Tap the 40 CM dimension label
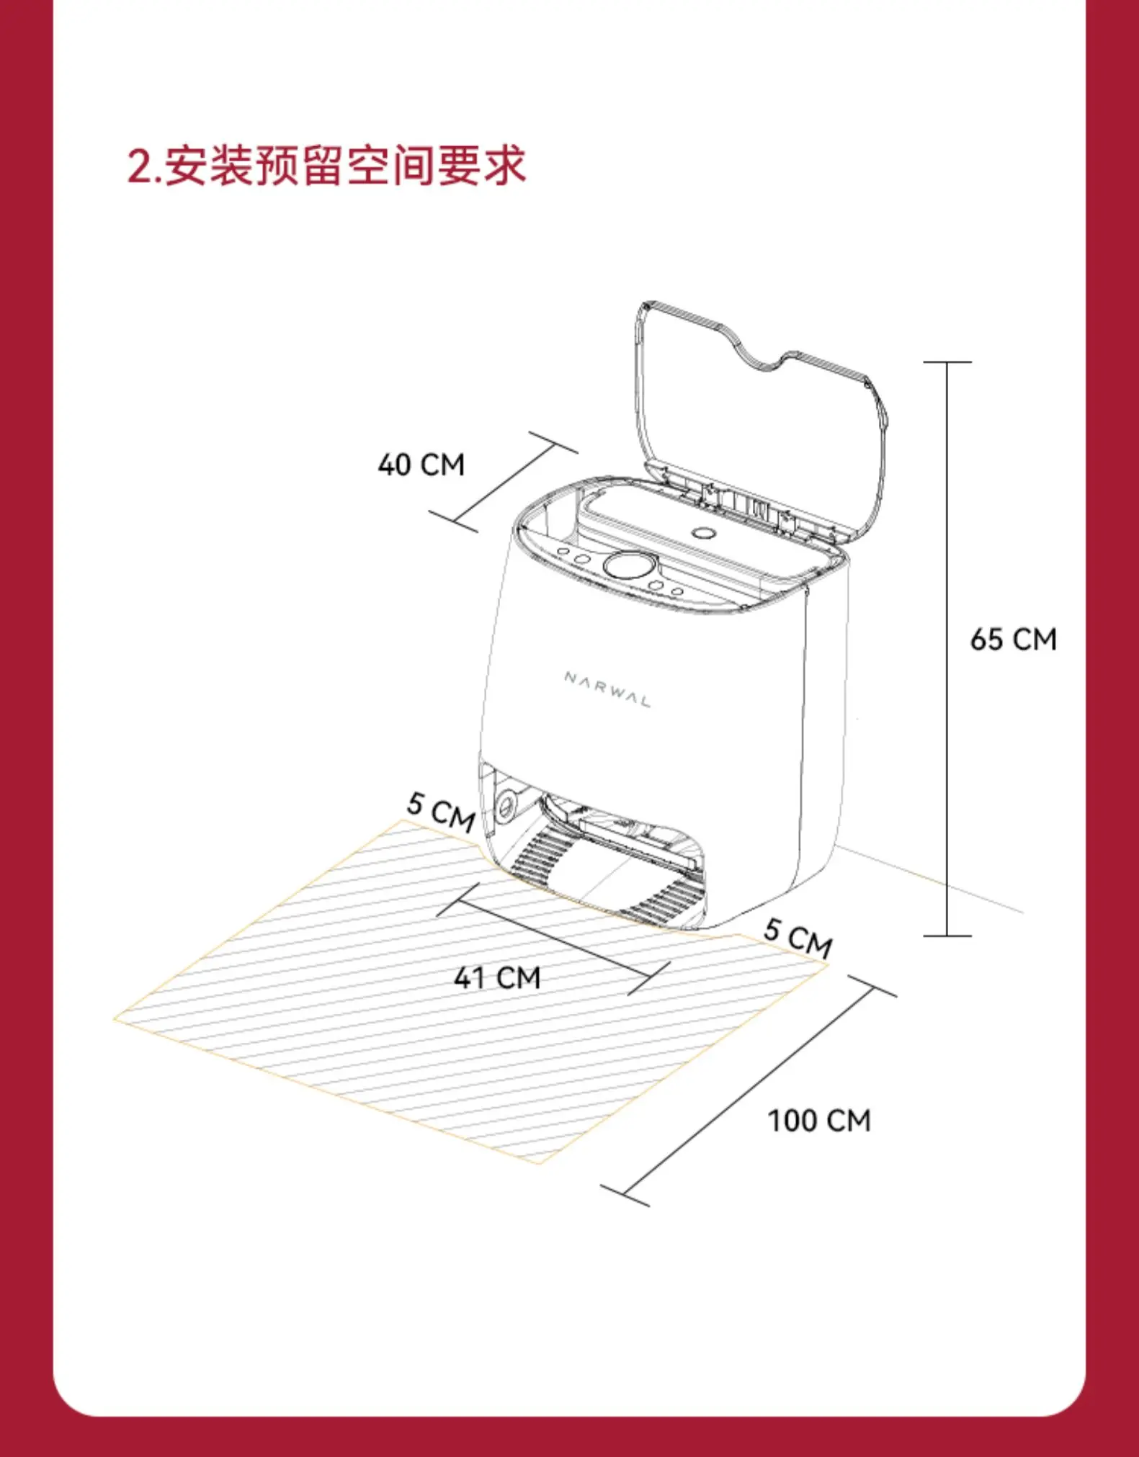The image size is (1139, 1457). coord(421,465)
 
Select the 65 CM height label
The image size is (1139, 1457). coord(1013,640)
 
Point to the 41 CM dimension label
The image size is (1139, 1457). coord(497,977)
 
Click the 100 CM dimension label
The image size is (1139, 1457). coord(819,1121)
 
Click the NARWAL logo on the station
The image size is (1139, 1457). coord(607,689)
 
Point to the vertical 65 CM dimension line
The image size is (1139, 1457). coord(947,648)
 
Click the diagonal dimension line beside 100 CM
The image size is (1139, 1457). coord(749,1090)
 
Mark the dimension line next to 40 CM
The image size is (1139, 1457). coord(504,483)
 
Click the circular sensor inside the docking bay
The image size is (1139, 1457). coord(506,802)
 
